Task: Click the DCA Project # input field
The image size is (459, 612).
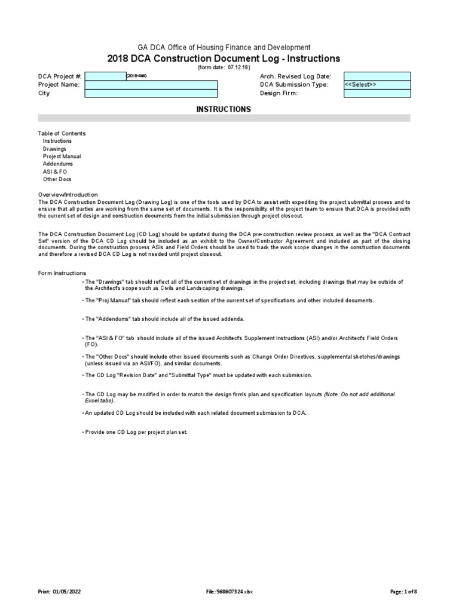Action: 105,76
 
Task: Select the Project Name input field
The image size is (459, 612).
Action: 151,85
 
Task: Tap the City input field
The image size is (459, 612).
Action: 151,93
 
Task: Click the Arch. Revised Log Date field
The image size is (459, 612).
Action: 377,76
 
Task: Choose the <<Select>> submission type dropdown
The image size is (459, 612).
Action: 377,85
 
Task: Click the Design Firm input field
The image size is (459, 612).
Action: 377,93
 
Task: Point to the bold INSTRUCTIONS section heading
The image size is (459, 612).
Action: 224,109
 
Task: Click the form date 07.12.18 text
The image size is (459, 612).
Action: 224,68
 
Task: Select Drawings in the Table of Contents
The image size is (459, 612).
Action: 54,149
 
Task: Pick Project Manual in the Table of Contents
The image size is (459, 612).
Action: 62,157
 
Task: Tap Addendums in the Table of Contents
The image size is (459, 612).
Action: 58,164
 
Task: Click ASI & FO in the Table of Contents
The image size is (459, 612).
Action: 55,172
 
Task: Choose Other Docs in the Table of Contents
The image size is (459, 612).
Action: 57,179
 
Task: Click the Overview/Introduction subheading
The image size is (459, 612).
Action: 68,195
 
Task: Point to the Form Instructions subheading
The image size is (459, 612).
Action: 62,273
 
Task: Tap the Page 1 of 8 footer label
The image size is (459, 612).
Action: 403,592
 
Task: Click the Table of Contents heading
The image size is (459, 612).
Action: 62,133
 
